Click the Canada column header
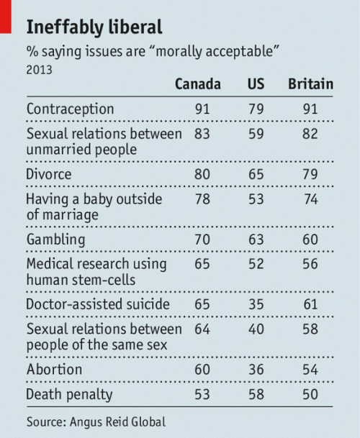(198, 84)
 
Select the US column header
(256, 84)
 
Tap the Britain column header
(311, 84)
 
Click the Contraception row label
(71, 109)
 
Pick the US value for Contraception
(256, 109)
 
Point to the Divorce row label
(49, 174)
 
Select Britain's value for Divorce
(310, 174)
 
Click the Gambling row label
(55, 239)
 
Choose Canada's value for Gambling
(202, 239)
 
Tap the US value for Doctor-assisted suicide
(256, 304)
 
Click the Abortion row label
(54, 369)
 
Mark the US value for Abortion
(256, 369)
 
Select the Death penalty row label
(69, 394)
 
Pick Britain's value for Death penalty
(310, 394)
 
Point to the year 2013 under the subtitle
(39, 70)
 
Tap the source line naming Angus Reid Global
(96, 421)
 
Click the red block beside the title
(6, 17)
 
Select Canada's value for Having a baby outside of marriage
(202, 199)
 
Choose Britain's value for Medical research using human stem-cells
(310, 264)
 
